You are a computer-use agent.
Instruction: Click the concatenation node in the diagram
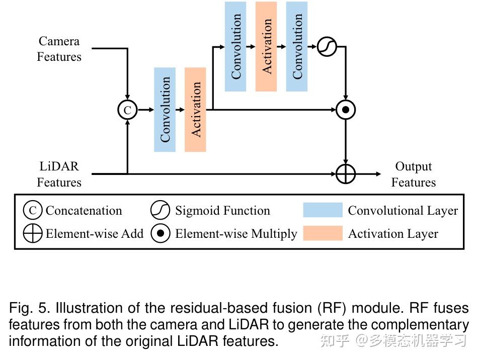click(x=127, y=110)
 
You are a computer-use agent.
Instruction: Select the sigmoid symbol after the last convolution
click(x=327, y=47)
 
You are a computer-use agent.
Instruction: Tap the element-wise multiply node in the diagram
click(x=346, y=110)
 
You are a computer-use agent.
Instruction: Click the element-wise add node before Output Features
click(x=346, y=174)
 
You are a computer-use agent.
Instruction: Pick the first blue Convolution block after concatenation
click(x=165, y=110)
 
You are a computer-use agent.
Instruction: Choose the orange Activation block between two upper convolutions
click(x=266, y=46)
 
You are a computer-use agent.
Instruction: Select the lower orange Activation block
click(x=195, y=110)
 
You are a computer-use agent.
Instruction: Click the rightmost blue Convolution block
click(x=297, y=46)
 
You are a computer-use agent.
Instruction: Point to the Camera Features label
click(x=59, y=49)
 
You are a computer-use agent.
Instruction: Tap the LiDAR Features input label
click(x=59, y=174)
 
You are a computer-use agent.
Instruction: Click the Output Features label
click(x=413, y=174)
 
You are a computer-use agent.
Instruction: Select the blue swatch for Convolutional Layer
click(x=323, y=210)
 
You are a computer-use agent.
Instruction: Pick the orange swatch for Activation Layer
click(x=323, y=233)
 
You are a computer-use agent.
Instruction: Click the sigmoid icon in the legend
click(x=160, y=210)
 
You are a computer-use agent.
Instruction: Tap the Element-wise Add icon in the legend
click(x=32, y=233)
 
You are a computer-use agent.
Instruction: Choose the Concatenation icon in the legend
click(x=32, y=210)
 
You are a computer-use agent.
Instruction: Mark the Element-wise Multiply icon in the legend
click(x=160, y=233)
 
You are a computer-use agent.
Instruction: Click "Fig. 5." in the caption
click(x=29, y=308)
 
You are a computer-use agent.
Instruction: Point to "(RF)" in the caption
click(x=332, y=308)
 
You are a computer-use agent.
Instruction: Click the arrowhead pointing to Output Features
click(x=379, y=174)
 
